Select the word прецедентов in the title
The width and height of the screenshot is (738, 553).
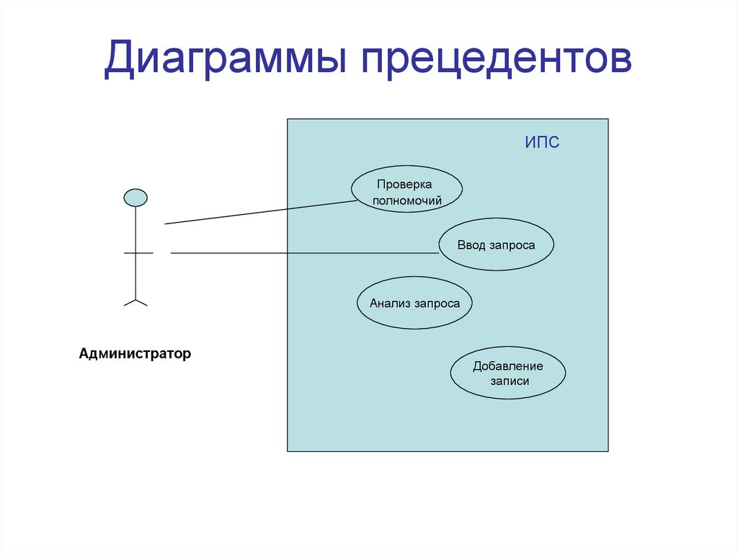click(x=497, y=60)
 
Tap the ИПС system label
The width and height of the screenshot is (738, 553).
click(x=542, y=143)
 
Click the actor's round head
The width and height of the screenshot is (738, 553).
click(x=135, y=198)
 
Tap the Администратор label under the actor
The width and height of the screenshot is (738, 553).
click(x=135, y=354)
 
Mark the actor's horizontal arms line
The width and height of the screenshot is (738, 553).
click(x=138, y=253)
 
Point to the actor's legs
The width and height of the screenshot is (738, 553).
click(x=135, y=301)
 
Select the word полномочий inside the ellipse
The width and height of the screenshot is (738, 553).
click(x=407, y=201)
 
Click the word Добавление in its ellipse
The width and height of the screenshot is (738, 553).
click(x=508, y=366)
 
